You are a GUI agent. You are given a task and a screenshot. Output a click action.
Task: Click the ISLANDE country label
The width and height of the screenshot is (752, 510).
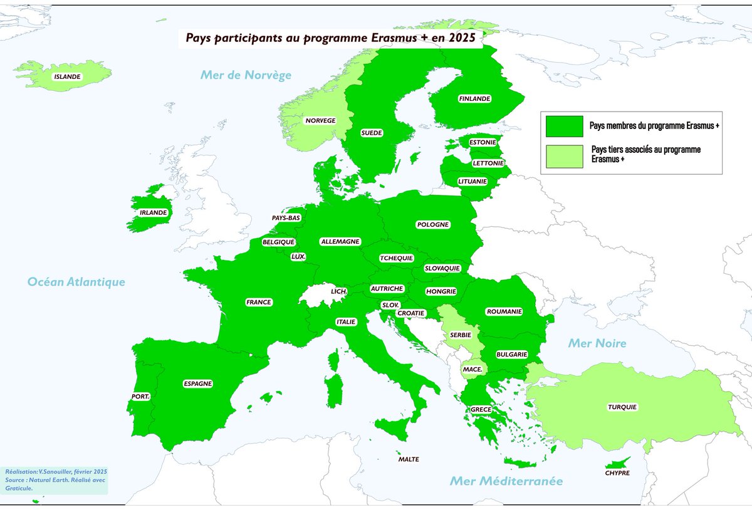tap(67, 76)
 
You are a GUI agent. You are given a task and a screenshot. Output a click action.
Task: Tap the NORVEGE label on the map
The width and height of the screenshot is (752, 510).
tap(320, 120)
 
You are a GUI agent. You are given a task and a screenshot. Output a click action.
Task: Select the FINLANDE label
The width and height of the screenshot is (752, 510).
tap(474, 98)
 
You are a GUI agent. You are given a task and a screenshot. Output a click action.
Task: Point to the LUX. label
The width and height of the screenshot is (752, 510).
tap(298, 256)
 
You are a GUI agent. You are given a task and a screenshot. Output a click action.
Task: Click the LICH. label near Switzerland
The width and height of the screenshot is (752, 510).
tap(340, 292)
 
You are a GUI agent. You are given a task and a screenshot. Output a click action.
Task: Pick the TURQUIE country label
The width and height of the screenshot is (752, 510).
tap(622, 407)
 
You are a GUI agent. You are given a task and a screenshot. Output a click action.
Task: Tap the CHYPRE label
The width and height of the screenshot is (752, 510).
tap(617, 473)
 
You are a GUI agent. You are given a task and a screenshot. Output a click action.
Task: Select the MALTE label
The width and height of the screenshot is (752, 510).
tap(409, 459)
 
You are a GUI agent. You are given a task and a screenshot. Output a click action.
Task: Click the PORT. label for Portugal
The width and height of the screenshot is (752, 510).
tap(140, 397)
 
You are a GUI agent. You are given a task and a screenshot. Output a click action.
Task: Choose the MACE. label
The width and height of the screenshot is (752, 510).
tap(472, 370)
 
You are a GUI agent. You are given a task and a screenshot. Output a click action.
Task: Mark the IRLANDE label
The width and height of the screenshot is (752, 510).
tap(153, 212)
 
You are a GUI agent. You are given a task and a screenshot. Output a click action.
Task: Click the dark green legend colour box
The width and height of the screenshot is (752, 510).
tap(564, 126)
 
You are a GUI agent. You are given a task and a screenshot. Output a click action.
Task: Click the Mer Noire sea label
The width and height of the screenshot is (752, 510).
tap(597, 343)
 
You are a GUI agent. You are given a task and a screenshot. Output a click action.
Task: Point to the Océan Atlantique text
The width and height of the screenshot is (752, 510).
tap(76, 283)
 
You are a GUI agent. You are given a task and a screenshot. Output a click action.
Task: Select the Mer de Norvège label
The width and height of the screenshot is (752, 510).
tap(246, 75)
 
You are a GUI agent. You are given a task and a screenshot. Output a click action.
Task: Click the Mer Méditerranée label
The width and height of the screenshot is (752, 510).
tap(506, 481)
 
